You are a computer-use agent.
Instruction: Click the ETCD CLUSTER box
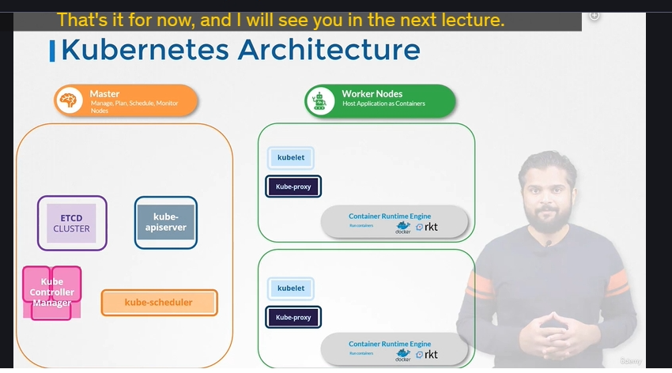(71, 223)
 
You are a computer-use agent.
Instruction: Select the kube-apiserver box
(165, 222)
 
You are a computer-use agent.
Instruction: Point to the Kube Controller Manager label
(51, 292)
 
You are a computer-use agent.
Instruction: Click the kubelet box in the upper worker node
(290, 157)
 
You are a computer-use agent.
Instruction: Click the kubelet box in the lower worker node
(290, 288)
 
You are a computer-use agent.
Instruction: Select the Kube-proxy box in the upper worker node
(293, 186)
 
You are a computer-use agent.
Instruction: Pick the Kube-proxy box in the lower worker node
(293, 318)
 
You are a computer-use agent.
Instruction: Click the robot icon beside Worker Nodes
(320, 101)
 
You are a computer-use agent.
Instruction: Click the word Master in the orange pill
(104, 94)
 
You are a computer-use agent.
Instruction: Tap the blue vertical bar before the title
(52, 51)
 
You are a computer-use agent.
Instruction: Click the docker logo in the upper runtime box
(403, 228)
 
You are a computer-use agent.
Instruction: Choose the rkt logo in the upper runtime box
(428, 227)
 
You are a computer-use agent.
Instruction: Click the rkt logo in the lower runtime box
(428, 356)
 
